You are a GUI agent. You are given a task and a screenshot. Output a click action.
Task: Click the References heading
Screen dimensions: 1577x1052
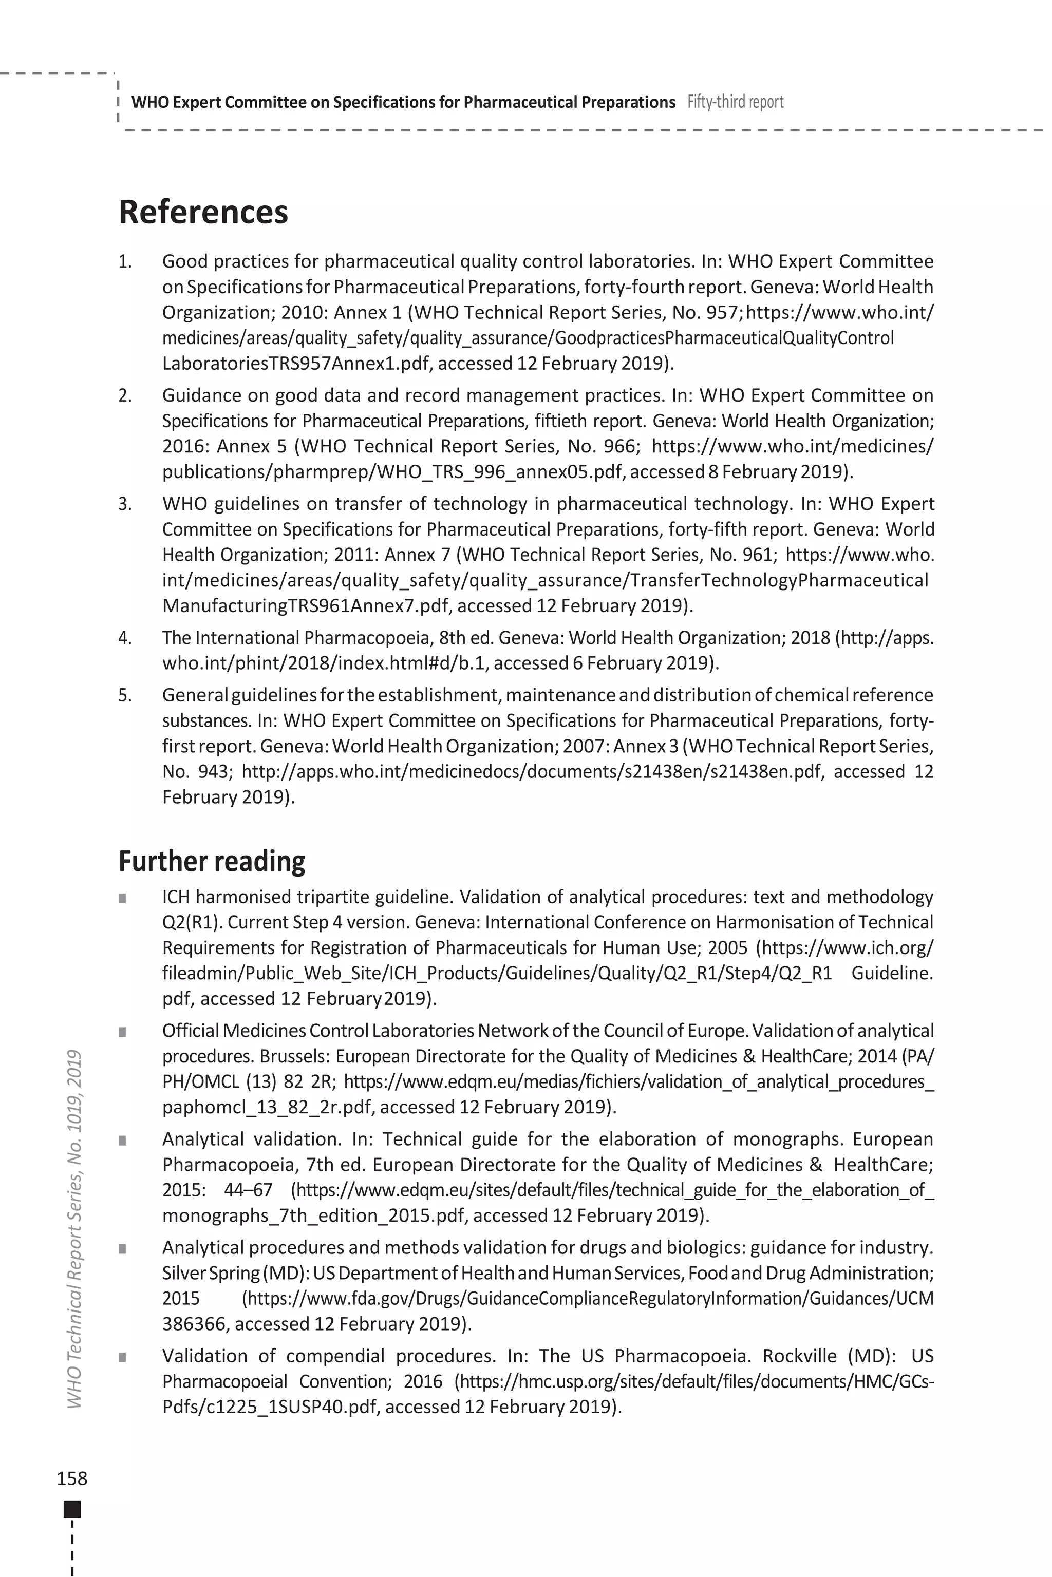click(x=203, y=212)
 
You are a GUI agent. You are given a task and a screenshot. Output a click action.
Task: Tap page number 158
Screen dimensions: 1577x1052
click(x=72, y=1478)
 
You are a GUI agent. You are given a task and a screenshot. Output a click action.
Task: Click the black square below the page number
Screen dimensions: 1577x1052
click(x=72, y=1509)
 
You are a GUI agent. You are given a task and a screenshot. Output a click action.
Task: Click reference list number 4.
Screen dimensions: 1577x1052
click(x=125, y=637)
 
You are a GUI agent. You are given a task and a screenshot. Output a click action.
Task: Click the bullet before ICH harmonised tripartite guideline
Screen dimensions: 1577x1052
click(x=123, y=898)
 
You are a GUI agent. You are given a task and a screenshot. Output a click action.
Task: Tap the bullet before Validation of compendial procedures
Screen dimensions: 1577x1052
click(x=123, y=1357)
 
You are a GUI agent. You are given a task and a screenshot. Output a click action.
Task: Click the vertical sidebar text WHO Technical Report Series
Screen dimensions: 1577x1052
click(x=75, y=1227)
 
